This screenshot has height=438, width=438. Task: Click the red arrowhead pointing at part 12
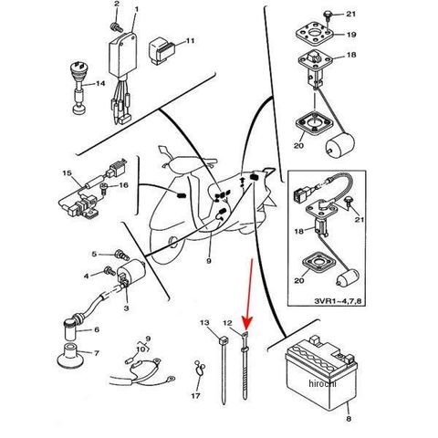point(248,323)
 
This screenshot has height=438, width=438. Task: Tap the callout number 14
point(100,83)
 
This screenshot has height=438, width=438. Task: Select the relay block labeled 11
point(162,50)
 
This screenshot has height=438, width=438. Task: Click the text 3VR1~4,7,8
point(338,301)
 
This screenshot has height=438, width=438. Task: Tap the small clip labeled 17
point(200,369)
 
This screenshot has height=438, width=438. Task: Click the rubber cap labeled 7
point(71,356)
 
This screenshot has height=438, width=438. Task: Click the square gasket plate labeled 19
point(314,34)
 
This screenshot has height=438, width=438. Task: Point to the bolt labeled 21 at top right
point(328,15)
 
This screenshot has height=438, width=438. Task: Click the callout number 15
point(67,173)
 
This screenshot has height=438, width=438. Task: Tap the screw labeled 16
point(104,189)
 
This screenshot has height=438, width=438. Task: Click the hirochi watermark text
point(322,383)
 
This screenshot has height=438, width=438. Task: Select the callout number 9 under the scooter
point(209,261)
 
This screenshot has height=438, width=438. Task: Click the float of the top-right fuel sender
point(340,145)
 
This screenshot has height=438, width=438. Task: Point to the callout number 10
point(141,349)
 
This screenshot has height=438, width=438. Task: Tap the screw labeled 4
point(109,270)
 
